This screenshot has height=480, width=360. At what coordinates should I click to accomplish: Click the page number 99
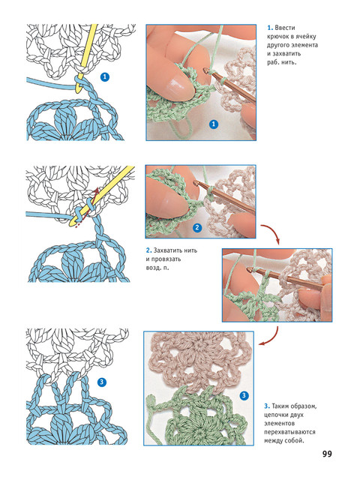pyautogui.click(x=327, y=453)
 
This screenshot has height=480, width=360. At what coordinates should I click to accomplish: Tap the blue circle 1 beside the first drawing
pyautogui.click(x=105, y=76)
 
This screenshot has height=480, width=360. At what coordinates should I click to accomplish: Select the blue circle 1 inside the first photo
pyautogui.click(x=213, y=124)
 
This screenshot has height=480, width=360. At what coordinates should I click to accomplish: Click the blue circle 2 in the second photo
pyautogui.click(x=197, y=227)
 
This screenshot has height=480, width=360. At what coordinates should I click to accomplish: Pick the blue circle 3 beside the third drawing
pyautogui.click(x=102, y=382)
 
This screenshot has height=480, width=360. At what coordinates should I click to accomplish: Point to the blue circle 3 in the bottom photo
pyautogui.click(x=244, y=395)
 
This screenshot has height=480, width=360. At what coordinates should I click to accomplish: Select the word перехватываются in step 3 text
pyautogui.click(x=289, y=432)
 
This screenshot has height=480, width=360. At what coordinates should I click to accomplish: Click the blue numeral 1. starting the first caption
pyautogui.click(x=270, y=28)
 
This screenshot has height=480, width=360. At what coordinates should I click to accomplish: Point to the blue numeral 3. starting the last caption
pyautogui.click(x=267, y=406)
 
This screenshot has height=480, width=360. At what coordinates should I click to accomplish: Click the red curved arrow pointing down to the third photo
pyautogui.click(x=272, y=231)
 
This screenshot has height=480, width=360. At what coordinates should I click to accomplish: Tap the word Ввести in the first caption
pyautogui.click(x=285, y=28)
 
